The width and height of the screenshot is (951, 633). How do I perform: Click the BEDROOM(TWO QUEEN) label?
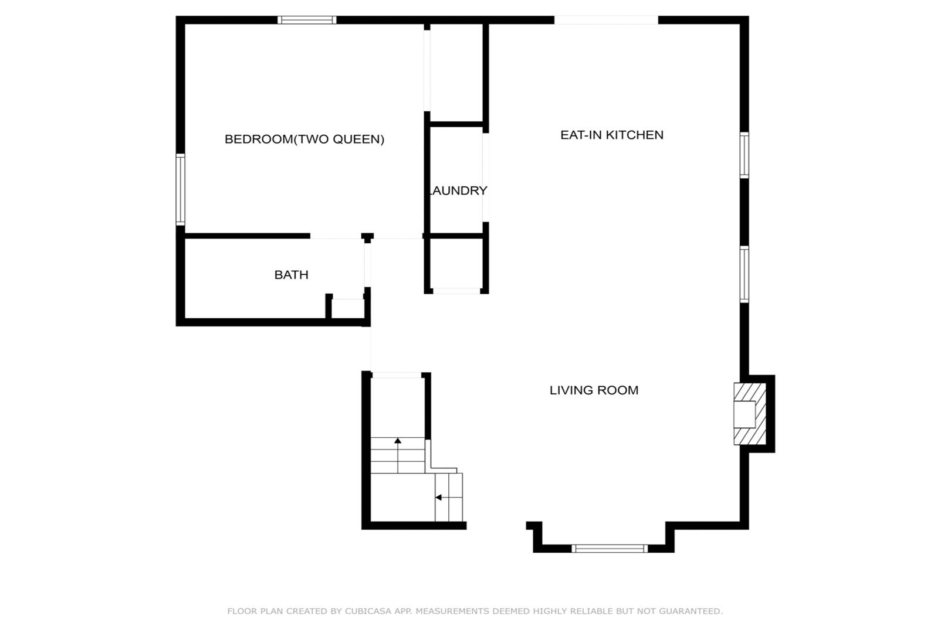pos(304,139)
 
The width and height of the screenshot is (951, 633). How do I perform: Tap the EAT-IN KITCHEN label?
pos(612,135)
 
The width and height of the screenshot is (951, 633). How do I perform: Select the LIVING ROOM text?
pos(594,390)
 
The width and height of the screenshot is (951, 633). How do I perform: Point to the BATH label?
pos(291,275)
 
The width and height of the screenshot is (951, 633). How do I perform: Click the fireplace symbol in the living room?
pos(750,414)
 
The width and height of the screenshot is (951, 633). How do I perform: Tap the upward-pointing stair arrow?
pos(398,455)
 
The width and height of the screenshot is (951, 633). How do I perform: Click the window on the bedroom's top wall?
pos(307,20)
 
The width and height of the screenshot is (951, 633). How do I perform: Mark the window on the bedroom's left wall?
pos(181,189)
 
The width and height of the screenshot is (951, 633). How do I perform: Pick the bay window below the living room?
pos(610,549)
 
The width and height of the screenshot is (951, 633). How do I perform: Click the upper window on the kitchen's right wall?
pos(744,155)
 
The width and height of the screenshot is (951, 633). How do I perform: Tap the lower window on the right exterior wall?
pos(744,274)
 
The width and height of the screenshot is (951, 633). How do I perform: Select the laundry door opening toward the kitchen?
pos(485,178)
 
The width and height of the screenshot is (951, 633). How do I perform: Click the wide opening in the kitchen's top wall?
pos(606,20)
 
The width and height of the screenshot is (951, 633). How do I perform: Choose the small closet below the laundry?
pos(456,263)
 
